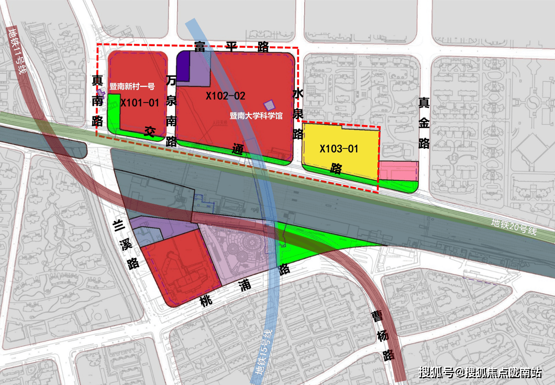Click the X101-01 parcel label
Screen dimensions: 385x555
pyautogui.click(x=139, y=103)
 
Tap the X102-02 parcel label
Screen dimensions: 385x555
pyautogui.click(x=225, y=96)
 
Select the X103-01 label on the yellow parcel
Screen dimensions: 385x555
pyautogui.click(x=339, y=149)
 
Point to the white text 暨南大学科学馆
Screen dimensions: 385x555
pyautogui.click(x=256, y=116)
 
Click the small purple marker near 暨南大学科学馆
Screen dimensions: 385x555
pyautogui.click(x=269, y=105)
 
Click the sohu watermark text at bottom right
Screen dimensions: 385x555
pyautogui.click(x=480, y=372)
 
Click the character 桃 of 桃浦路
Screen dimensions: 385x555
pyautogui.click(x=205, y=301)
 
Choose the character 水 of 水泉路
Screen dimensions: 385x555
pyautogui.click(x=298, y=94)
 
